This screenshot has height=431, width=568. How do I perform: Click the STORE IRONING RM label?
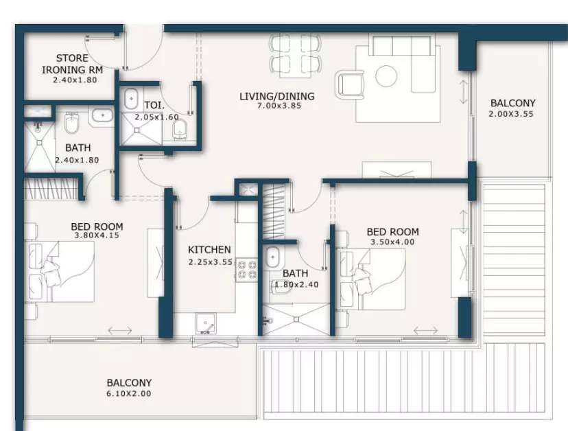tap(73, 64)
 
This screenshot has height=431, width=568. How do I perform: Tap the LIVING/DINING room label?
tap(276, 96)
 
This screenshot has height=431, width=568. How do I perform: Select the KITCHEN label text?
tap(209, 249)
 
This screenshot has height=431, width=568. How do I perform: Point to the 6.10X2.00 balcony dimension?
tap(128, 394)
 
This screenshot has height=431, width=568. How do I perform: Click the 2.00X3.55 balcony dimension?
tap(511, 114)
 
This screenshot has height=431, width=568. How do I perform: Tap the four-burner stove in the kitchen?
tap(246, 270)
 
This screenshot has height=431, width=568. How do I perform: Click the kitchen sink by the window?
tap(205, 324)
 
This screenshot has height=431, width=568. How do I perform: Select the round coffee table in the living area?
tap(386, 76)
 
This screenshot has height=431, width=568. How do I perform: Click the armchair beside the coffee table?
tap(350, 84)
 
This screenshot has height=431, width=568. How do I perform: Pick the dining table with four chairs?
tap(295, 54)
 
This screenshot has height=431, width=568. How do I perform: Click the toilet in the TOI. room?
tap(180, 130)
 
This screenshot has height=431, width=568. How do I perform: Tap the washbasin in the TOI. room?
tap(131, 98)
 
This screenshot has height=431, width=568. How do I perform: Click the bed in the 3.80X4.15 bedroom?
tap(60, 272)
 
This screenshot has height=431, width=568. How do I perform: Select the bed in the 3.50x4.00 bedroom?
tap(372, 279)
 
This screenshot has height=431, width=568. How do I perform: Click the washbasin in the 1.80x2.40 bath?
tap(272, 257)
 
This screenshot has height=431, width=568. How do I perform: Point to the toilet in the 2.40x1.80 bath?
tap(71, 123)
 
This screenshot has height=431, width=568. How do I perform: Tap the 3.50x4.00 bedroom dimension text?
tap(392, 242)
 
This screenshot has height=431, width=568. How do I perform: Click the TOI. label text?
tap(154, 106)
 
